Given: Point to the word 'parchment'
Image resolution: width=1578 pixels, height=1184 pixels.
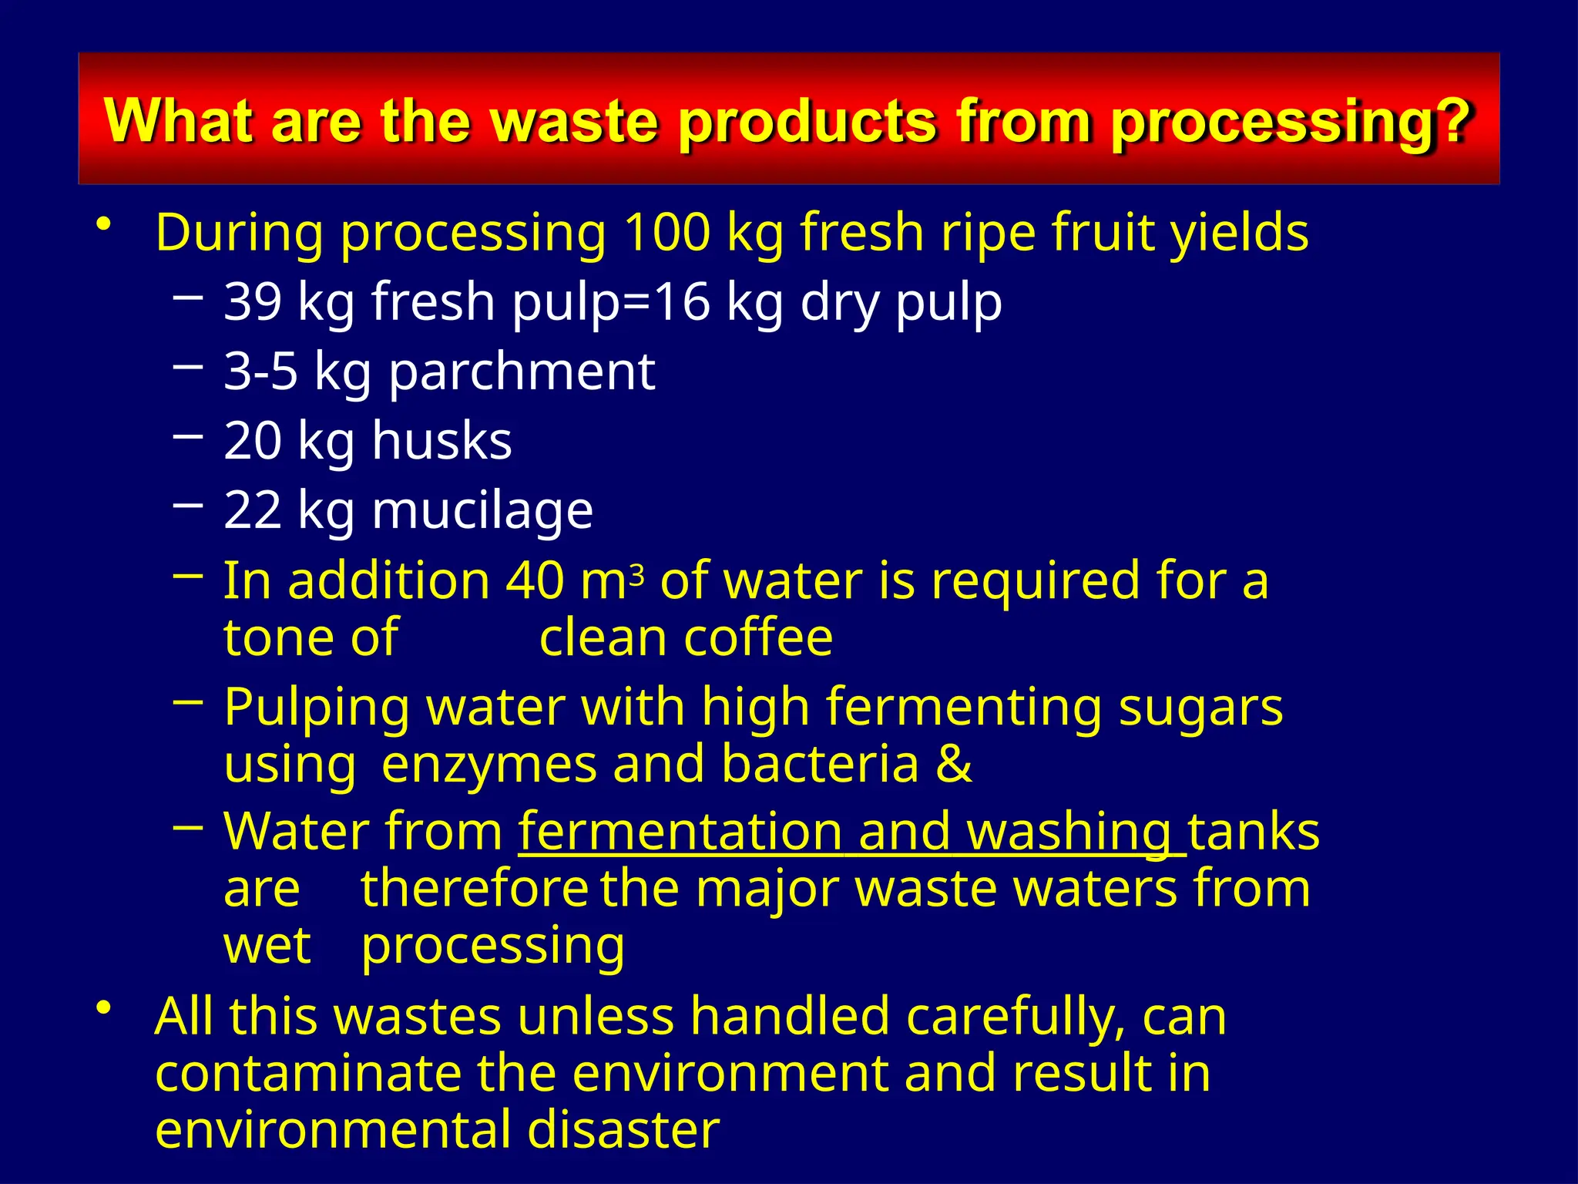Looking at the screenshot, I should pyautogui.click(x=522, y=372).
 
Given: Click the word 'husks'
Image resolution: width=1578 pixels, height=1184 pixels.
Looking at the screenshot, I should pyautogui.click(x=442, y=440).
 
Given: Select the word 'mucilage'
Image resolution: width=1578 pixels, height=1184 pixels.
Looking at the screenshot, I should pyautogui.click(x=482, y=510).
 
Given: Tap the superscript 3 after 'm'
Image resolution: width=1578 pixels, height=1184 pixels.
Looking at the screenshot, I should pyautogui.click(x=636, y=574).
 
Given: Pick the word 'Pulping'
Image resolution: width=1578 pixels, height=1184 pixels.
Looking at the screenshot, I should pyautogui.click(x=317, y=708).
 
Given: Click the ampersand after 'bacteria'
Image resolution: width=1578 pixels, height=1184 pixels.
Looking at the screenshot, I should pyautogui.click(x=954, y=764).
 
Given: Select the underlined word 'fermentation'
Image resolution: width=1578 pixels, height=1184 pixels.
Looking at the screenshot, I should pyautogui.click(x=680, y=832).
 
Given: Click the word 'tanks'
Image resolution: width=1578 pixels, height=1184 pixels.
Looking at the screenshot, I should pyautogui.click(x=1254, y=832).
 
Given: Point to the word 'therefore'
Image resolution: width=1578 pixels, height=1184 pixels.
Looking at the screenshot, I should pyautogui.click(x=475, y=889).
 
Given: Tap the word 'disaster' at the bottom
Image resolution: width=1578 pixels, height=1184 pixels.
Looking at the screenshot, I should pyautogui.click(x=623, y=1129).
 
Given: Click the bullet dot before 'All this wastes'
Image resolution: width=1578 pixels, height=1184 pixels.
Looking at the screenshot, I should pyautogui.click(x=104, y=1007).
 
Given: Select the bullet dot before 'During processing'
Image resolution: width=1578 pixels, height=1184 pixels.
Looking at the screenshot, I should pyautogui.click(x=104, y=224).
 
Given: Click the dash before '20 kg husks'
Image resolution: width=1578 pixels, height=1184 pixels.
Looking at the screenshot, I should pyautogui.click(x=189, y=436).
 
